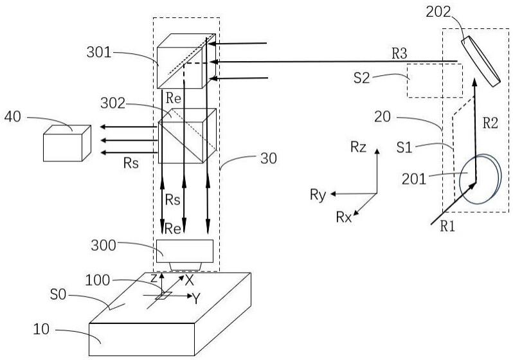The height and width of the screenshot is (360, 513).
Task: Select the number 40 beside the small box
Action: (15, 116)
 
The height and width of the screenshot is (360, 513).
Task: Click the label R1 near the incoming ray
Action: (447, 226)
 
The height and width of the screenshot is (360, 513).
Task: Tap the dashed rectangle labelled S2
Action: (435, 81)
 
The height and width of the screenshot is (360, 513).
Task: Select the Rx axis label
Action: (344, 217)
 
